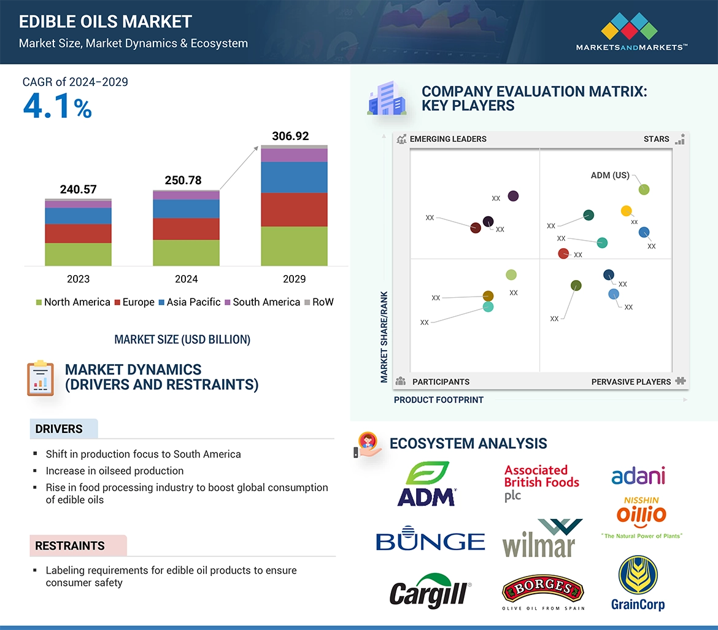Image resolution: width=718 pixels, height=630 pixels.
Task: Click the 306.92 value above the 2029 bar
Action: pyautogui.click(x=290, y=136)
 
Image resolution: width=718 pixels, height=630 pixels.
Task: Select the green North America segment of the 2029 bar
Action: pyautogui.click(x=294, y=246)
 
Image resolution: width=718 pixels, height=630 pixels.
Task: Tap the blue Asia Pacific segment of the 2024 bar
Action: pyautogui.click(x=186, y=209)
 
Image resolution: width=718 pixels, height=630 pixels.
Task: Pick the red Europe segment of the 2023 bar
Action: pyautogui.click(x=78, y=233)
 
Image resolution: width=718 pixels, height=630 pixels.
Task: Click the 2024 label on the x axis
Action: pyautogui.click(x=186, y=279)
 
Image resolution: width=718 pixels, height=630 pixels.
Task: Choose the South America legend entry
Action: pyautogui.click(x=262, y=302)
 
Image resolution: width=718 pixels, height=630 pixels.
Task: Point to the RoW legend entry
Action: pyautogui.click(x=319, y=302)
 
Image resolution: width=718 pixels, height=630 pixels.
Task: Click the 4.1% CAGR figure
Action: pyautogui.click(x=57, y=107)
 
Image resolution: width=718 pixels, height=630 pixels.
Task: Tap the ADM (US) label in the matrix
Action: pyautogui.click(x=610, y=175)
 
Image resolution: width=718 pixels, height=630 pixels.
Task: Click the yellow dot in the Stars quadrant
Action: pyautogui.click(x=626, y=211)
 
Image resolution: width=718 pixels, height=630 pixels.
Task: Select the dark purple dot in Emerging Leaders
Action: pyautogui.click(x=513, y=196)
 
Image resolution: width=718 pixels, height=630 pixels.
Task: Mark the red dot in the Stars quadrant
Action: pyautogui.click(x=563, y=254)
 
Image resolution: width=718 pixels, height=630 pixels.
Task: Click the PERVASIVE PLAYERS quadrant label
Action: pyautogui.click(x=631, y=382)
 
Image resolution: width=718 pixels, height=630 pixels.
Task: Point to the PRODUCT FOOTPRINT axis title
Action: pyautogui.click(x=438, y=400)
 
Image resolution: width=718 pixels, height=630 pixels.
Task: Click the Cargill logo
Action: pyautogui.click(x=430, y=591)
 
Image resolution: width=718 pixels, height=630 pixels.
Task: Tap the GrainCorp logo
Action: pyautogui.click(x=638, y=583)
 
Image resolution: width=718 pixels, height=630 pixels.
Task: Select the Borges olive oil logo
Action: pyautogui.click(x=542, y=591)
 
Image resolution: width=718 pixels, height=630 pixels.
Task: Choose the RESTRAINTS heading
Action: pyautogui.click(x=70, y=546)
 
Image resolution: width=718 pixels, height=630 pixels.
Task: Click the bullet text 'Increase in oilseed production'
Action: pyautogui.click(x=114, y=471)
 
